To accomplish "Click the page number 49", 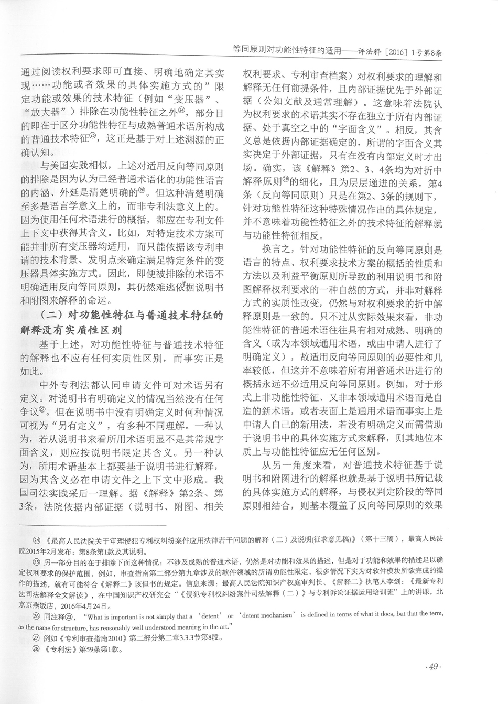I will click(x=434, y=666).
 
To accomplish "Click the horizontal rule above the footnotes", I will click(x=92, y=525).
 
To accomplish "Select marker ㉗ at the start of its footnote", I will click(x=37, y=638).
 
